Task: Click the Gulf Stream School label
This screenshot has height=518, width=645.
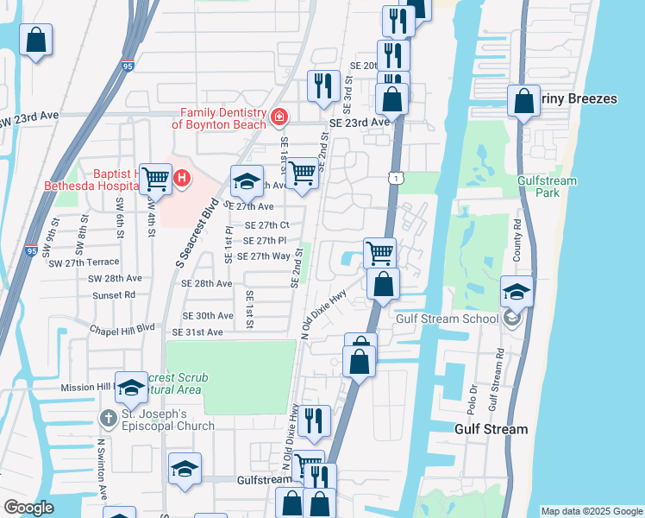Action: [x=447, y=319]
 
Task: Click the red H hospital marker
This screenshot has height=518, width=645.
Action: [x=182, y=179]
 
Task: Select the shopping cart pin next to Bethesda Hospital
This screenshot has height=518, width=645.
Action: [x=156, y=180]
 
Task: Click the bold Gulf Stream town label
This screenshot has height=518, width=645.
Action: [x=491, y=429]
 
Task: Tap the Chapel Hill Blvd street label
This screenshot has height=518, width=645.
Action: [x=122, y=328]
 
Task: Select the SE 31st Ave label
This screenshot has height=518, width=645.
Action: [x=197, y=332]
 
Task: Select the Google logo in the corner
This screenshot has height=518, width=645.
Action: [x=28, y=508]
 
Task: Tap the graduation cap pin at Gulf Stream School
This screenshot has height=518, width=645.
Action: [x=516, y=292]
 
